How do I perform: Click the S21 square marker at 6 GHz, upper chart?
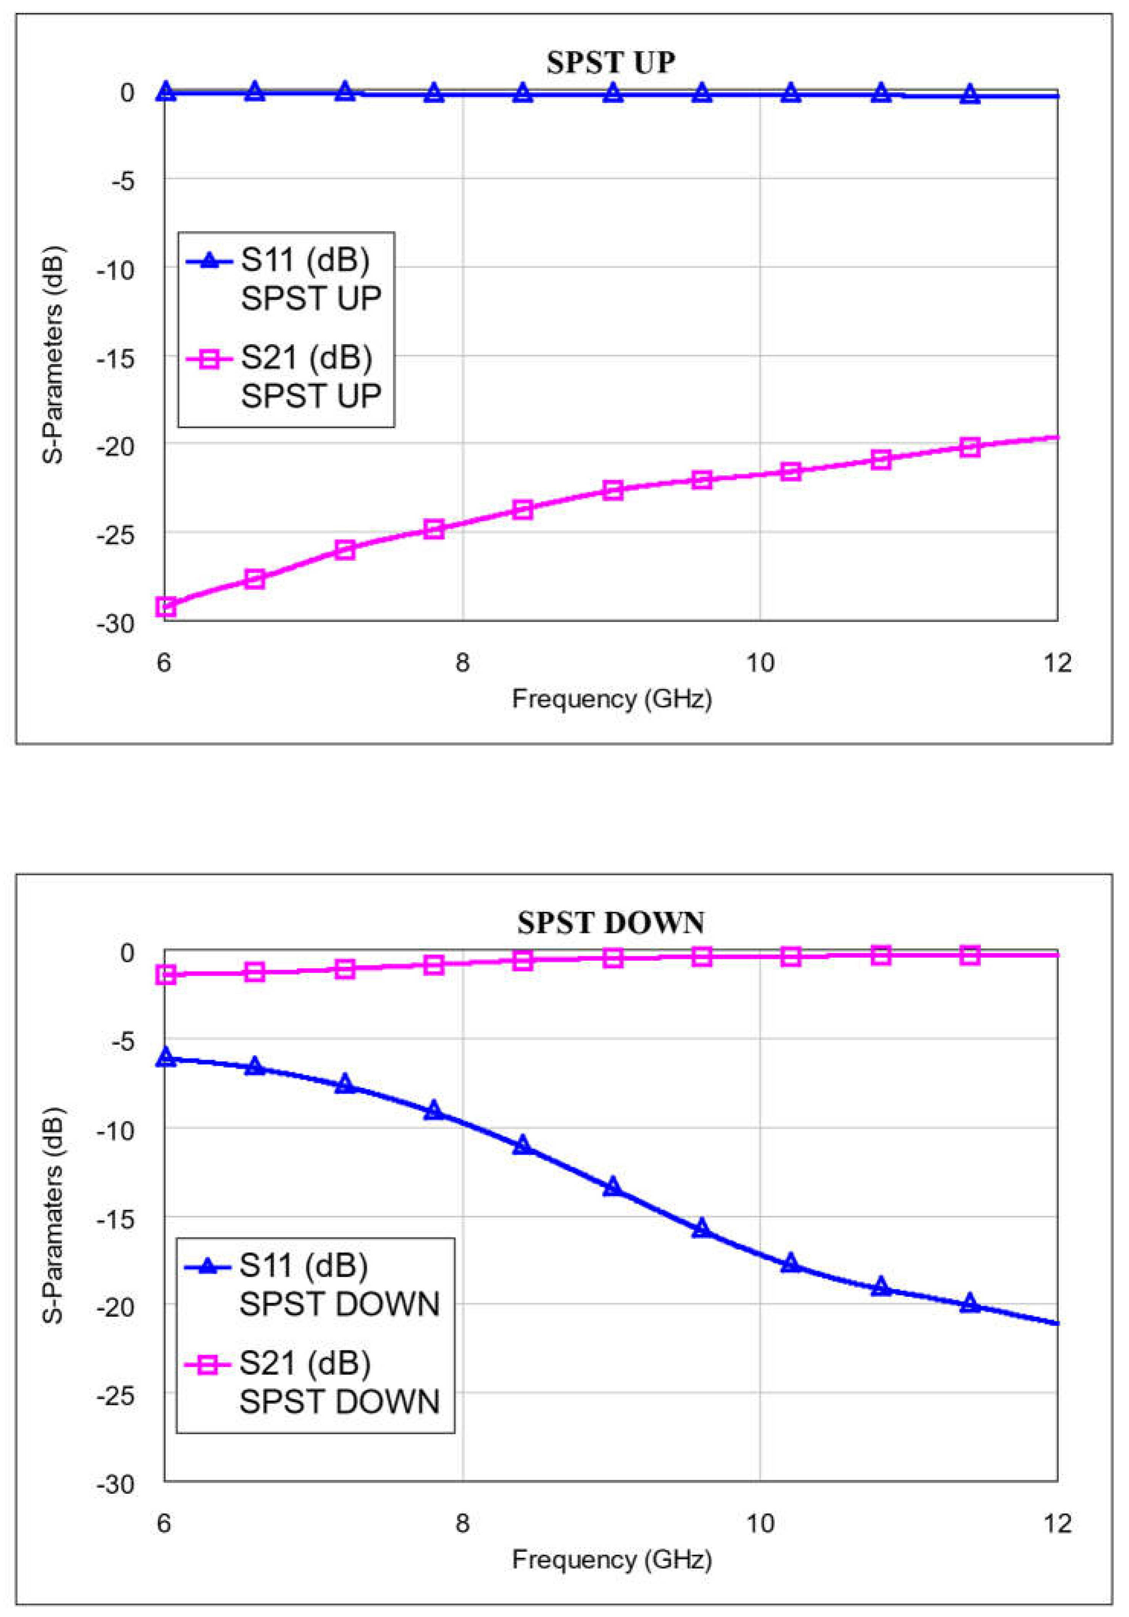(x=166, y=607)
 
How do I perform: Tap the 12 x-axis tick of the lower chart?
(x=1057, y=1523)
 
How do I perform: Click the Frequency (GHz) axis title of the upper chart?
(x=612, y=699)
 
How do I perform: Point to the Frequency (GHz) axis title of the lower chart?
(x=612, y=1560)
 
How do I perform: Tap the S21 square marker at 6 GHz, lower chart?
(x=166, y=975)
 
